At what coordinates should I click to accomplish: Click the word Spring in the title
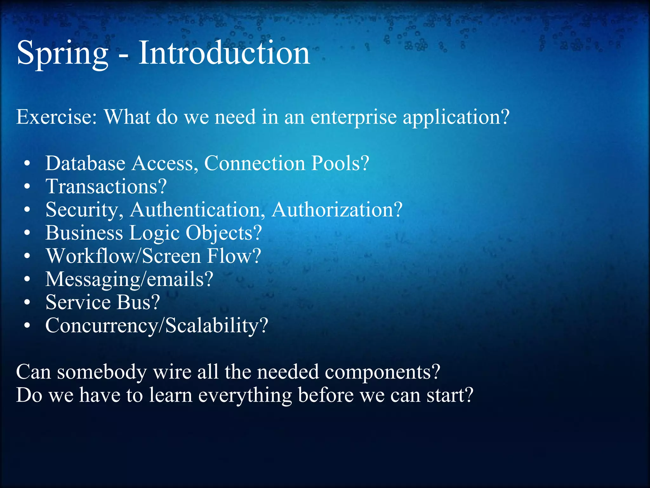(62, 53)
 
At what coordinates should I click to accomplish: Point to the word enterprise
(353, 118)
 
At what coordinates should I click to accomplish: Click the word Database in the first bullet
(85, 163)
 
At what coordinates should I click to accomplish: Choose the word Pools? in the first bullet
(340, 163)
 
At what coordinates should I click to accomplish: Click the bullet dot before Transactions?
(27, 187)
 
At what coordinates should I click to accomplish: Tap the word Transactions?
(106, 186)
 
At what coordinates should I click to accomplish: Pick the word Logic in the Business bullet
(154, 234)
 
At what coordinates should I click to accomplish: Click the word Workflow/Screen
(123, 256)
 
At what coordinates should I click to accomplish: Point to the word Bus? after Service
(138, 302)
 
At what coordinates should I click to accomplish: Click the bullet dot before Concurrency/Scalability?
(27, 326)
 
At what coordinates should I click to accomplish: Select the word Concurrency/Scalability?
(156, 326)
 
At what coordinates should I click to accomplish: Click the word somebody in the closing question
(102, 372)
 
